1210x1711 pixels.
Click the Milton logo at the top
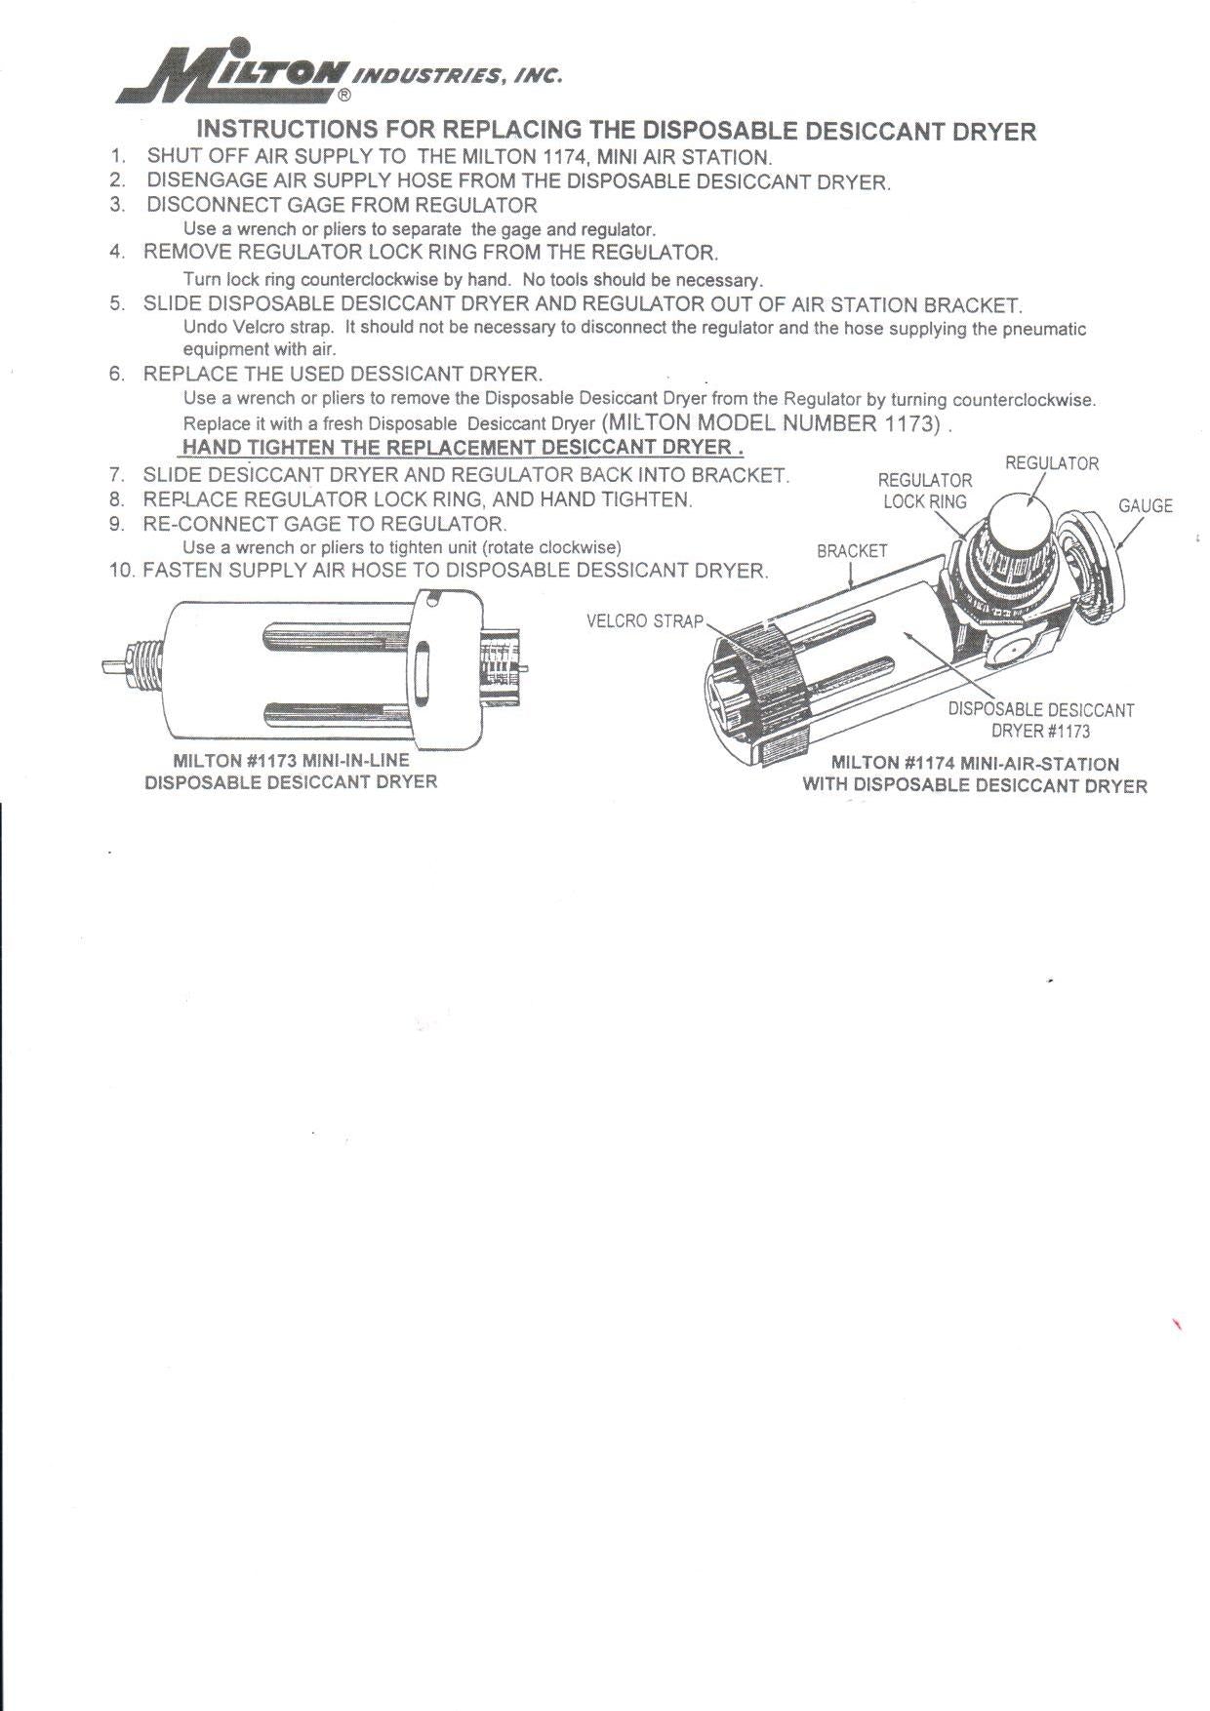point(234,74)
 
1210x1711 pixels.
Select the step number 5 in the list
point(117,303)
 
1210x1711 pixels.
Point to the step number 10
point(121,571)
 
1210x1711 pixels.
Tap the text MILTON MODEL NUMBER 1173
point(772,423)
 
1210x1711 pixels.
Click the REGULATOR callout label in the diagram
point(1051,463)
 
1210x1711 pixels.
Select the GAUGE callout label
point(1145,505)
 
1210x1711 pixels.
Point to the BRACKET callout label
point(852,551)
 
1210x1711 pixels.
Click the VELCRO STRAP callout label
point(644,620)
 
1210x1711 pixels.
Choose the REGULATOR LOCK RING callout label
point(924,491)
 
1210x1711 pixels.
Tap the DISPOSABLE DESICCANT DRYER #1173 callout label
point(1040,720)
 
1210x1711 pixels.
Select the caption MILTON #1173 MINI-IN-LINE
point(291,760)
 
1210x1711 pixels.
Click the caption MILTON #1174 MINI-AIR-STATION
point(974,764)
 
